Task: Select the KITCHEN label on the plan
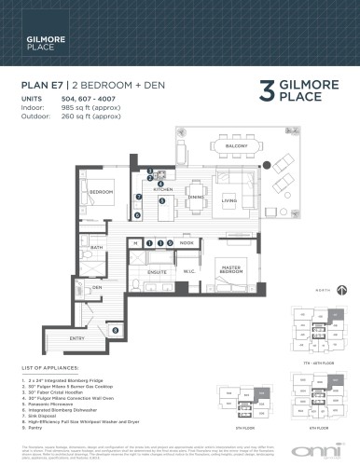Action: (x=164, y=189)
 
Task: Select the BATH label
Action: (x=96, y=248)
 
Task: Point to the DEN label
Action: (x=97, y=288)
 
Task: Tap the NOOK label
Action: (x=187, y=242)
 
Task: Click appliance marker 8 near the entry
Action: (x=115, y=330)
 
